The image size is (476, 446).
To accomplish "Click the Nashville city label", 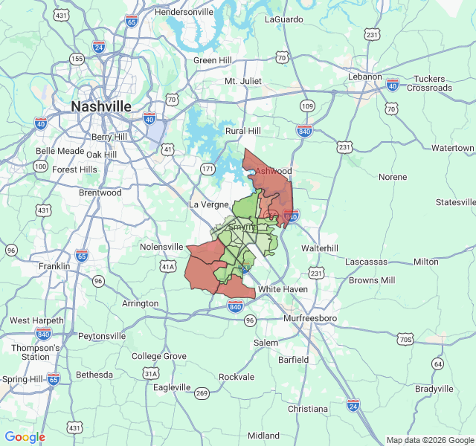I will (101, 107).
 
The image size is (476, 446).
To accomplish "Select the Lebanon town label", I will (364, 77).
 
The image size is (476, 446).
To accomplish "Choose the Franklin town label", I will (54, 266).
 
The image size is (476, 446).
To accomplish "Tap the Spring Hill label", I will (22, 379).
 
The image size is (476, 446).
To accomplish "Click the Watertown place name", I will (452, 149).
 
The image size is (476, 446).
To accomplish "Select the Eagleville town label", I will (172, 387).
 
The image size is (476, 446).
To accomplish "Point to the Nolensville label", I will (161, 247).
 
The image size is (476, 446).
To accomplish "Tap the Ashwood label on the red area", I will (274, 171).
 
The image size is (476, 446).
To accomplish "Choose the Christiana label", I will (307, 409).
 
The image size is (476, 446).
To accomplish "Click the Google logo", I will (25, 437).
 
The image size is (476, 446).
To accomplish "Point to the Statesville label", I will (454, 202).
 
